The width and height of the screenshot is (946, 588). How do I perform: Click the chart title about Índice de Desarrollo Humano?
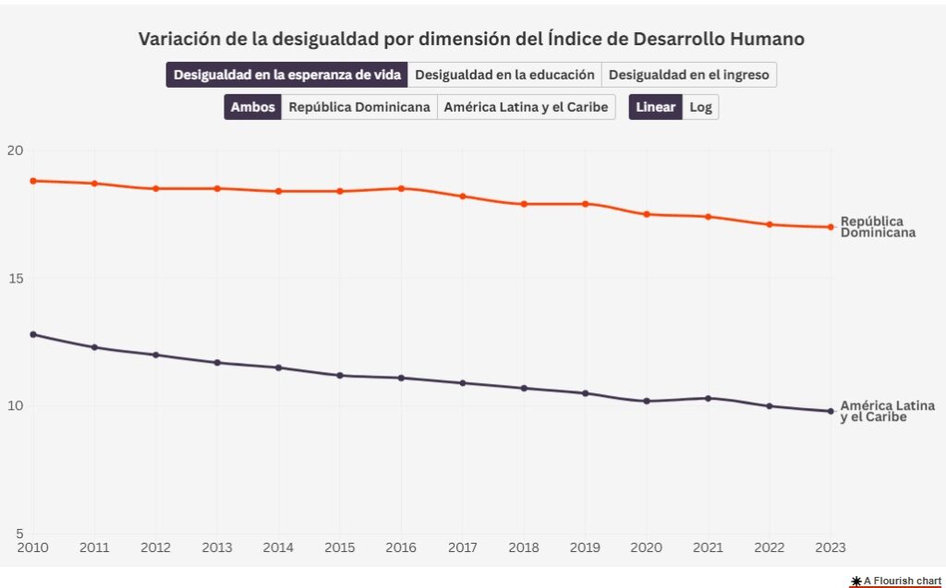[471, 39]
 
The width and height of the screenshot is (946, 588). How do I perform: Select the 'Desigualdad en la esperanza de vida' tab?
[286, 75]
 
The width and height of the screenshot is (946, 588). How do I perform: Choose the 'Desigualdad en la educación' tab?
[504, 75]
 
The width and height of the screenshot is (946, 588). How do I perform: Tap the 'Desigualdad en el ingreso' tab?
[688, 75]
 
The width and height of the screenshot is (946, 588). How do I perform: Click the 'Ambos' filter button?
[252, 107]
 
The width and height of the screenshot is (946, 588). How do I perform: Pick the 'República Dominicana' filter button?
[359, 107]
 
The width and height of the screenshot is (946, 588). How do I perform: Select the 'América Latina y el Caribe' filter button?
[526, 107]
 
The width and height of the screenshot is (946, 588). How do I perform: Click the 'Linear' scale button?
[656, 107]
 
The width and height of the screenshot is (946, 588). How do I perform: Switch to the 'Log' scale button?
[700, 107]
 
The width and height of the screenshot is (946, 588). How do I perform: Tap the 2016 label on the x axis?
[401, 547]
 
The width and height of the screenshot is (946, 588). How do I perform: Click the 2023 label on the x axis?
[830, 547]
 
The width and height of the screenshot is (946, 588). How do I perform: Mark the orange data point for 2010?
[33, 181]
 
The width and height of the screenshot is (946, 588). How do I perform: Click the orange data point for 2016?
[401, 188]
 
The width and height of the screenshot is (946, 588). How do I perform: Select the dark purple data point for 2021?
[708, 399]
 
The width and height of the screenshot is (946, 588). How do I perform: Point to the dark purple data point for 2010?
[33, 334]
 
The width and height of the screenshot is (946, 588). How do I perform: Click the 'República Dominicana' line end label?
[878, 227]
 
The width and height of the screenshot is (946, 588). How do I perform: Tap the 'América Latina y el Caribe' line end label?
[887, 412]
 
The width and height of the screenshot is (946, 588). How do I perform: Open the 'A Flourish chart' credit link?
[896, 581]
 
